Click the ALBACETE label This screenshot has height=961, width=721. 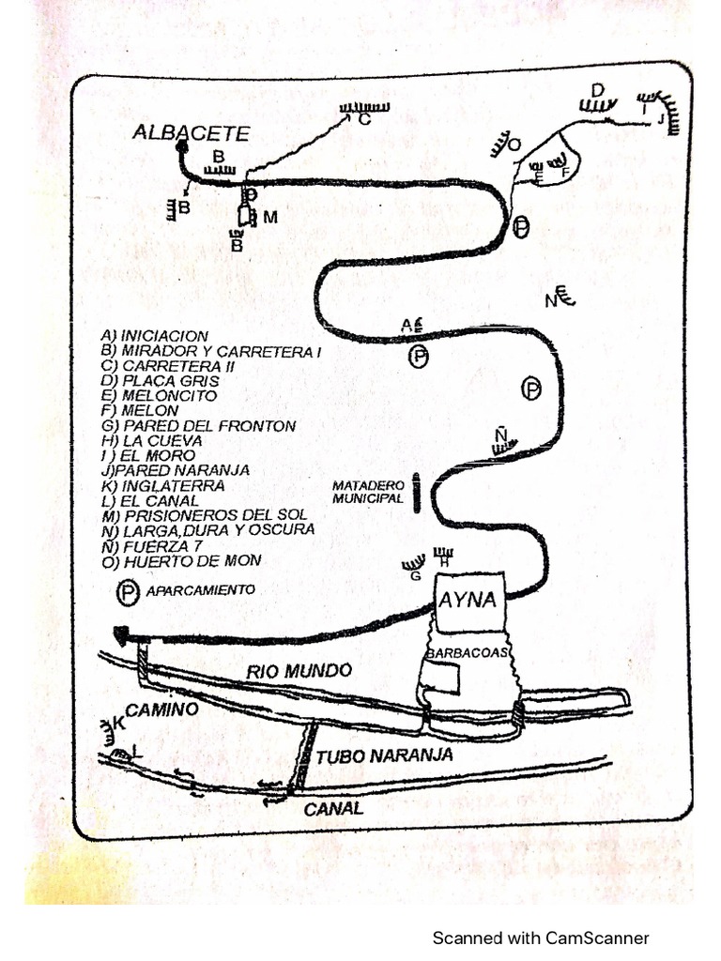tap(192, 133)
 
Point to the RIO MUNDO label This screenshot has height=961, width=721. tap(299, 671)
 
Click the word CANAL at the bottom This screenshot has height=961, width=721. tap(333, 809)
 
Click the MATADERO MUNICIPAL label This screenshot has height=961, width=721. tap(368, 492)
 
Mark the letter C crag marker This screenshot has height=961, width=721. tap(364, 119)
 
